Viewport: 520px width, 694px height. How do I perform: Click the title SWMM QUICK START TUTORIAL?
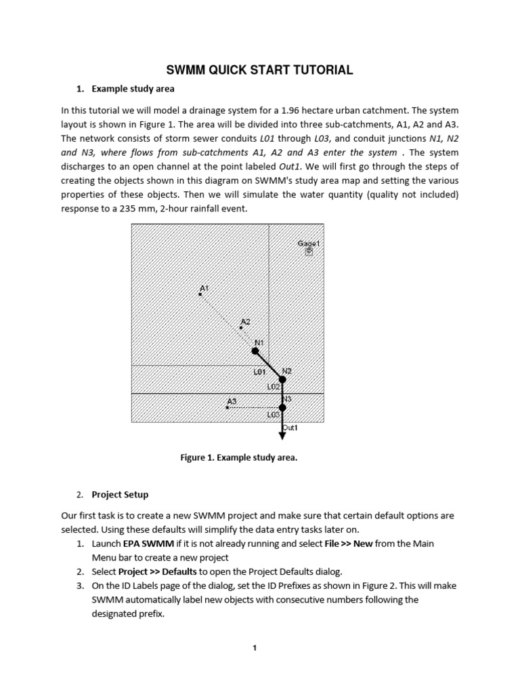pyautogui.click(x=260, y=70)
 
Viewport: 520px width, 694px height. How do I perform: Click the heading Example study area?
pyautogui.click(x=133, y=89)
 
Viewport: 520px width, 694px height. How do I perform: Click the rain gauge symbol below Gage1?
pyautogui.click(x=309, y=251)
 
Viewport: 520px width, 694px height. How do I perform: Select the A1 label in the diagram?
pyautogui.click(x=204, y=288)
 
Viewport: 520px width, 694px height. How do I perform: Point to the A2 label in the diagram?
pyautogui.click(x=245, y=321)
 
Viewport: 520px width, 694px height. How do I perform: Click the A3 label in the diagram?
pyautogui.click(x=232, y=401)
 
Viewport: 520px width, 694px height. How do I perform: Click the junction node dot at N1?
pyautogui.click(x=255, y=351)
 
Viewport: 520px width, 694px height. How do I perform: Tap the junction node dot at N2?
pyautogui.click(x=282, y=380)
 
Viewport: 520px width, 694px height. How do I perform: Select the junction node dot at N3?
pyautogui.click(x=282, y=407)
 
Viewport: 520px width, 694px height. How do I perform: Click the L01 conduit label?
pyautogui.click(x=259, y=372)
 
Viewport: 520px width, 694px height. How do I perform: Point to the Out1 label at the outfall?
pyautogui.click(x=290, y=428)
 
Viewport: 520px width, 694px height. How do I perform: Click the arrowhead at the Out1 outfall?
pyautogui.click(x=282, y=436)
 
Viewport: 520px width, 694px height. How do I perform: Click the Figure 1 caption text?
pyautogui.click(x=238, y=457)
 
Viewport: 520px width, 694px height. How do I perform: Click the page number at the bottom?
pyautogui.click(x=255, y=648)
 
